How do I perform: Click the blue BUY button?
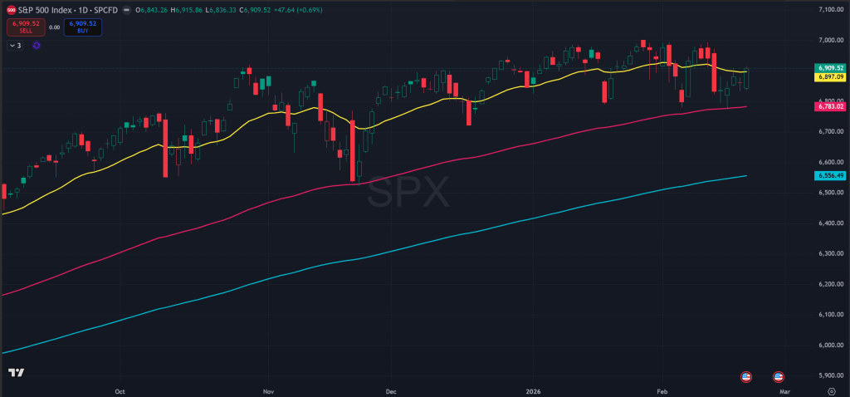pyautogui.click(x=81, y=27)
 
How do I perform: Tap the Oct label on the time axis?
pyautogui.click(x=120, y=389)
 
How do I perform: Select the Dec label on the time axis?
pyautogui.click(x=391, y=389)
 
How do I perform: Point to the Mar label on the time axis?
pyautogui.click(x=784, y=389)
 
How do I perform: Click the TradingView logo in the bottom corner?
pyautogui.click(x=15, y=373)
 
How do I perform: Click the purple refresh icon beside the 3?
pyautogui.click(x=36, y=45)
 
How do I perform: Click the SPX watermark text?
pyautogui.click(x=408, y=194)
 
